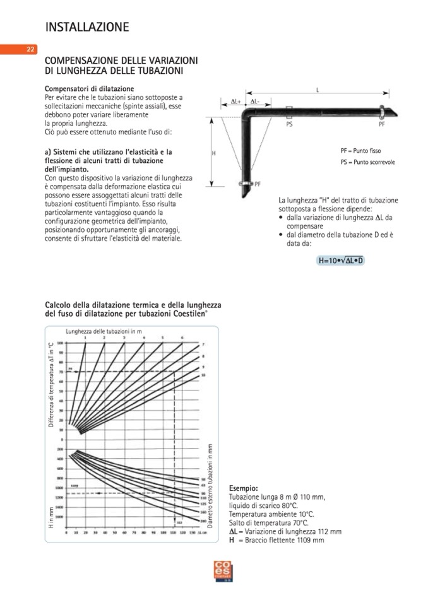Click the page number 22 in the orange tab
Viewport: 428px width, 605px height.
pyautogui.click(x=30, y=50)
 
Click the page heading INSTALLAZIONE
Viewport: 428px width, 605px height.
pyautogui.click(x=87, y=27)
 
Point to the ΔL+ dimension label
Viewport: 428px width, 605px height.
pyautogui.click(x=235, y=101)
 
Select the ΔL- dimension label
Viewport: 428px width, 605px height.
pyautogui.click(x=255, y=101)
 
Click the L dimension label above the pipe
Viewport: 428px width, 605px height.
pyautogui.click(x=318, y=90)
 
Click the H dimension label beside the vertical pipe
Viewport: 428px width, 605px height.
pyautogui.click(x=213, y=153)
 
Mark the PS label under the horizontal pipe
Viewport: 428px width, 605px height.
pyautogui.click(x=289, y=125)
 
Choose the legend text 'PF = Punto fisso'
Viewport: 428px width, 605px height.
pyautogui.click(x=360, y=151)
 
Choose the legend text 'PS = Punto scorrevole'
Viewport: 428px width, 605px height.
pyautogui.click(x=367, y=162)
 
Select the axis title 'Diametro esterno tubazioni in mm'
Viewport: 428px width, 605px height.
pyautogui.click(x=210, y=485)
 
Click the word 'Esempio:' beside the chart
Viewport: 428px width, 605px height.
pyautogui.click(x=243, y=488)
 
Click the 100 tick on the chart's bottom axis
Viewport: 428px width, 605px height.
pyautogui.click(x=162, y=534)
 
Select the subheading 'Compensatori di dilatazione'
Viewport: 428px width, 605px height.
pyautogui.click(x=89, y=88)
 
